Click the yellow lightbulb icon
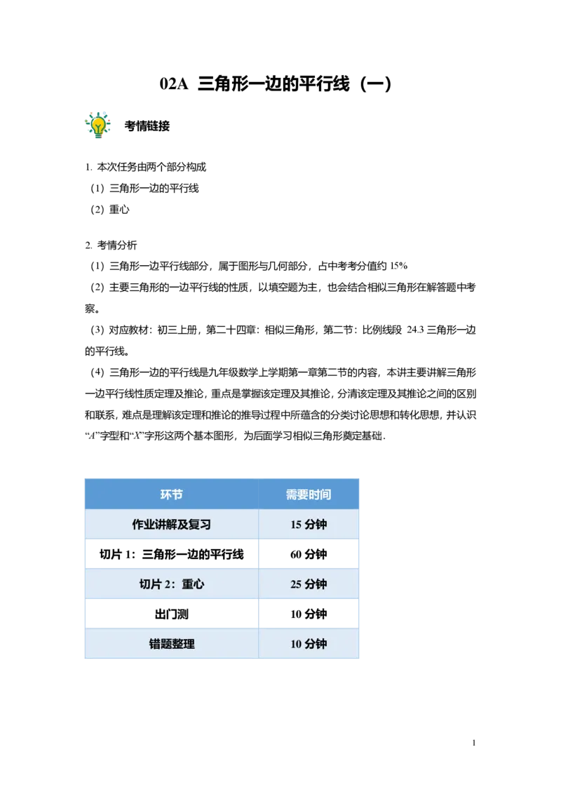coord(98,124)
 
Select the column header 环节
coord(171,494)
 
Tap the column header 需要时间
coord(308,494)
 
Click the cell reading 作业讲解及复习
coord(171,525)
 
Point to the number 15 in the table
coord(296,525)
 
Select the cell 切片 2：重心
coord(171,584)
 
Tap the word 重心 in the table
coord(193,584)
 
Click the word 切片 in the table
coord(150,584)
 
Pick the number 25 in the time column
coord(296,584)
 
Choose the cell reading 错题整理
coord(171,644)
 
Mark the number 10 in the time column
coord(296,644)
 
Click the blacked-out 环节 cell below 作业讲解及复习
coord(173,555)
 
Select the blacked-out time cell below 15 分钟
coord(309,555)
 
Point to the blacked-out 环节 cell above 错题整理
coord(173,612)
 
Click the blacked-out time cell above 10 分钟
coord(309,612)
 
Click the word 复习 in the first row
coord(199,525)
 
